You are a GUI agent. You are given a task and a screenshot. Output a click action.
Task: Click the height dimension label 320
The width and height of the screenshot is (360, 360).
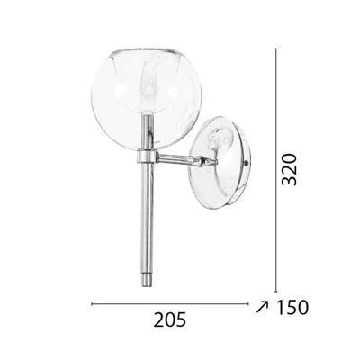point(290,169)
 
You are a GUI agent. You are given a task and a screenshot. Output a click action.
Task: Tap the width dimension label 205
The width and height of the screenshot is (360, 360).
point(170,319)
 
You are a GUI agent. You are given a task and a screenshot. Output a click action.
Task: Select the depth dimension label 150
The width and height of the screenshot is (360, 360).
point(292,308)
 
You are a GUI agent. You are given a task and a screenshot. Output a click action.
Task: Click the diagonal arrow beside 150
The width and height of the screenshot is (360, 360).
point(262,308)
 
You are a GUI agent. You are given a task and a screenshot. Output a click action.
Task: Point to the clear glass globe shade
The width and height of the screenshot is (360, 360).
point(147,97)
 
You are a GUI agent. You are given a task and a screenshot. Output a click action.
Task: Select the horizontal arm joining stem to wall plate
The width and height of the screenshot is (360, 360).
point(186,159)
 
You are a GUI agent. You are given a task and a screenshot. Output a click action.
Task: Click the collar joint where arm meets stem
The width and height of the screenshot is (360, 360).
point(147,157)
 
